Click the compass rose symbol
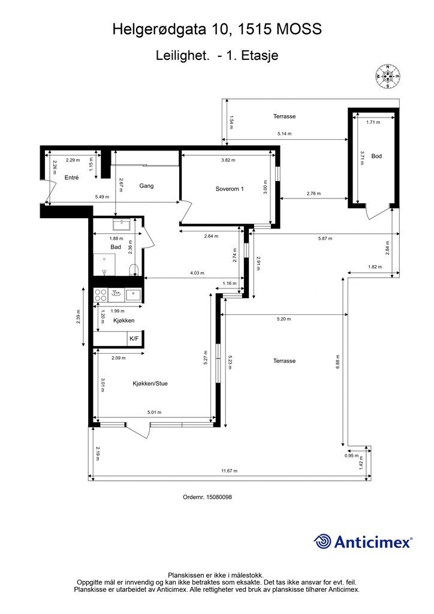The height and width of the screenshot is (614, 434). pos(387,76)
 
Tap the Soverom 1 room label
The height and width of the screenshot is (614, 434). pos(230,189)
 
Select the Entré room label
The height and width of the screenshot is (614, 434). pos(71,177)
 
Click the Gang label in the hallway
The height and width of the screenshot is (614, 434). pos(146,186)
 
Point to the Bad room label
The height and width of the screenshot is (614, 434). pos(116,247)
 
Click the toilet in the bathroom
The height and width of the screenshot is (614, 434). pos(134,270)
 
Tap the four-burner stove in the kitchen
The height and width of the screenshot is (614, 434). pos(101,295)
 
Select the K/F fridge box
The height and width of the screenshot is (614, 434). pos(134,338)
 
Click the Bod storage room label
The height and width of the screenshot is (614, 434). pos(376,156)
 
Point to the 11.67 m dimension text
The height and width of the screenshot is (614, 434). pos(230,471)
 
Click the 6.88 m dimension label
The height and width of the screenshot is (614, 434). pos(337,362)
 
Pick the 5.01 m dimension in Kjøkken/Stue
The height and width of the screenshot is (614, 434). pos(154,412)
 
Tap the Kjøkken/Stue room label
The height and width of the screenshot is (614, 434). pos(150,383)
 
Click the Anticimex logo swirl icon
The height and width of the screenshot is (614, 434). pos(323,541)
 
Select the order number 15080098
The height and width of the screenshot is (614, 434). pos(219,497)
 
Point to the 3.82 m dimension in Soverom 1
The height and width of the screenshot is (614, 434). pos(228,159)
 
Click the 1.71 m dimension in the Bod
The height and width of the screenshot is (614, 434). pos(373,122)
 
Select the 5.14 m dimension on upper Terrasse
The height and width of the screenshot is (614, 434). pos(285,134)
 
